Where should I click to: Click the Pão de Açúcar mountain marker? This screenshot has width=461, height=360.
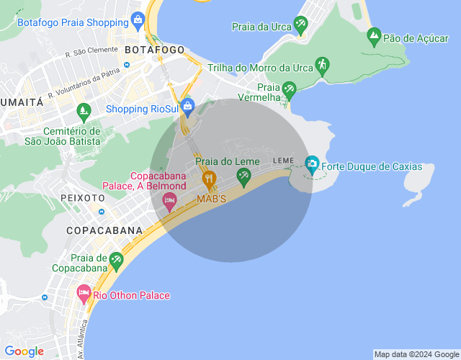[x=374, y=35]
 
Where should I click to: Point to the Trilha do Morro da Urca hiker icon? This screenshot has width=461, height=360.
[x=321, y=66]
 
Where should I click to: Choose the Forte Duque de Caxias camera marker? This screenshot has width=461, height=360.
[x=312, y=164]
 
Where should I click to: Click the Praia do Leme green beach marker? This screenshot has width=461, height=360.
[x=243, y=175]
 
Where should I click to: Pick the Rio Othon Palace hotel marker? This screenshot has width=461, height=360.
[x=83, y=293]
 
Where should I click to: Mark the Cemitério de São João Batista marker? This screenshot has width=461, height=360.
[x=84, y=112]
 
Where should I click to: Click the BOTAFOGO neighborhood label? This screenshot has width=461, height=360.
[x=154, y=50]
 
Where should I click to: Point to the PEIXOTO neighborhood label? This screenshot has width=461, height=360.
[x=84, y=197]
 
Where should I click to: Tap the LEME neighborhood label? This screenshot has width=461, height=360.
[x=283, y=160]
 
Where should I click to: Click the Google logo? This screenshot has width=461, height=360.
[x=24, y=351]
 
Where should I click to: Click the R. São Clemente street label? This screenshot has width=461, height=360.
[x=91, y=52]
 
